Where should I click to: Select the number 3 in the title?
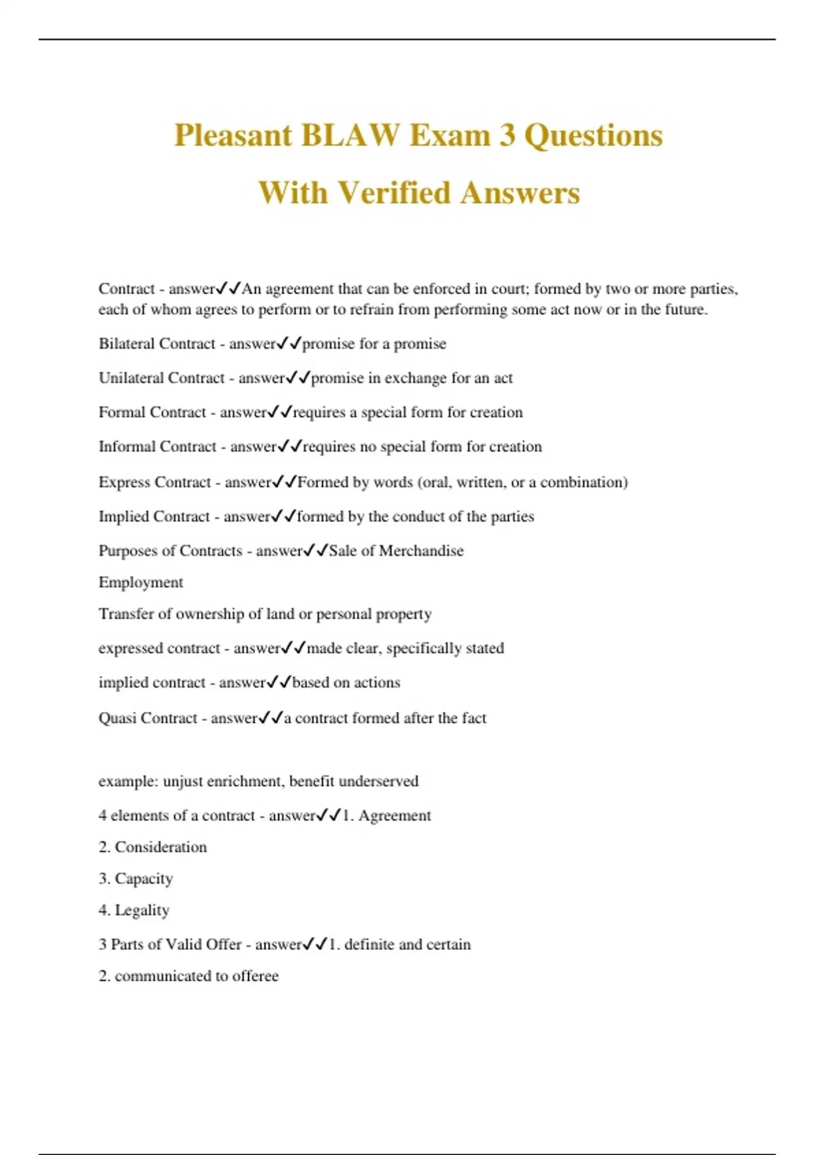tap(507, 135)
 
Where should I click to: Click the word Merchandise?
tap(421, 550)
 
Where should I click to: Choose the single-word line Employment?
tap(141, 582)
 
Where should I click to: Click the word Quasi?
tap(117, 718)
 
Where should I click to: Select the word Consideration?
tap(160, 847)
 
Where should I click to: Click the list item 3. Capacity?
tap(136, 878)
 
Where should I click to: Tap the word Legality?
tap(142, 910)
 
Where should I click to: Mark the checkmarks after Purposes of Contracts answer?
tap(316, 550)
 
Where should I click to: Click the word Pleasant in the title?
tap(232, 135)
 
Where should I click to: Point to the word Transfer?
tap(126, 614)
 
